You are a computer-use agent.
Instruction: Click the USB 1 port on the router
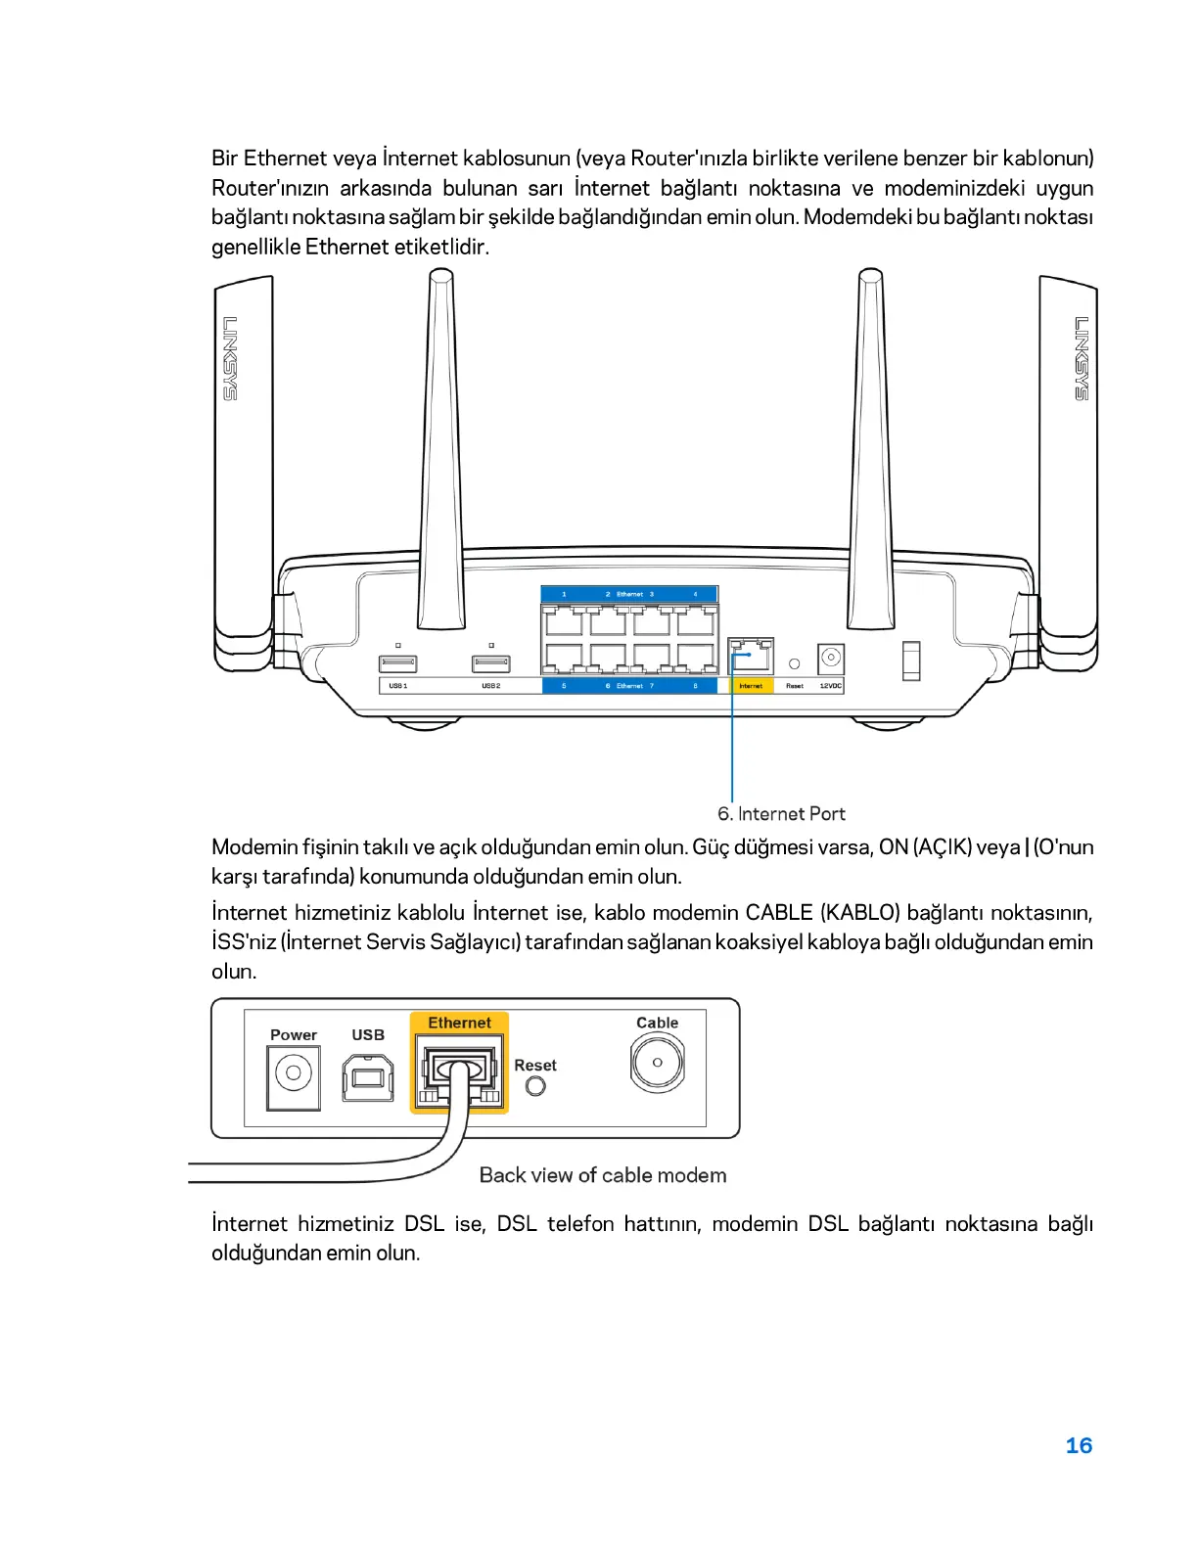tap(397, 664)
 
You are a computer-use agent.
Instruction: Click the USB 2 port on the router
tap(491, 664)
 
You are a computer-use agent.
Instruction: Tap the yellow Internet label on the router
tap(751, 686)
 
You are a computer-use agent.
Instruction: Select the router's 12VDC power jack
tap(831, 657)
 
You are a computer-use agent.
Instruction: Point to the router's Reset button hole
tap(795, 664)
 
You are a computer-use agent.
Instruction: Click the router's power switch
tap(911, 661)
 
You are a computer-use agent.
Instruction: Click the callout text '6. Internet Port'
tap(781, 813)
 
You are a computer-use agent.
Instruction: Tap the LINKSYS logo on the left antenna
tap(229, 358)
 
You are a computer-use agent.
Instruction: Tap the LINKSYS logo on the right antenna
tap(1082, 358)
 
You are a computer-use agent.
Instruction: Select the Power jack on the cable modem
tap(293, 1073)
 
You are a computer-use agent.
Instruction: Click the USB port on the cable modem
tap(368, 1076)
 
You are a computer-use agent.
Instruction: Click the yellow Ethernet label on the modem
tap(459, 1023)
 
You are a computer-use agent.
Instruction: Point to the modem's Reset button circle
tap(535, 1086)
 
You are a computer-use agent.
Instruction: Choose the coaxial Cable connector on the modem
tap(657, 1063)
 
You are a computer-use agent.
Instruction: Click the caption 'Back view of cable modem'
tap(602, 1175)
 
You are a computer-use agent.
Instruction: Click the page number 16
tap(1079, 1445)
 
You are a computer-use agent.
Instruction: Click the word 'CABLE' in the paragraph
tap(779, 913)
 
